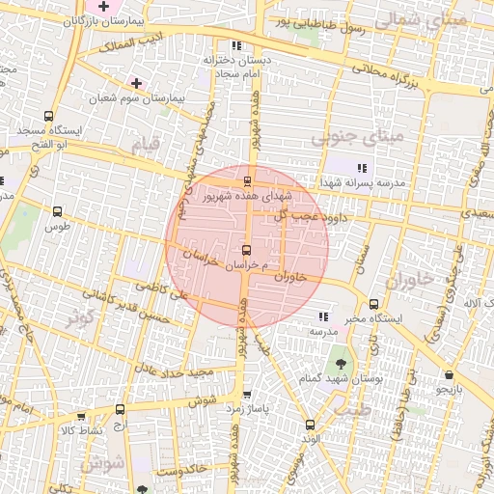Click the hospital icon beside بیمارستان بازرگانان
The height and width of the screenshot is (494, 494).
pyautogui.click(x=103, y=7)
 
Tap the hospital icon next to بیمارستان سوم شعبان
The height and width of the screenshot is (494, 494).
pyautogui.click(x=137, y=83)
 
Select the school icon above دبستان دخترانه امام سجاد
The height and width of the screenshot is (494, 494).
pyautogui.click(x=235, y=45)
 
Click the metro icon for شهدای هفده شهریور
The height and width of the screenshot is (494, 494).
pyautogui.click(x=247, y=179)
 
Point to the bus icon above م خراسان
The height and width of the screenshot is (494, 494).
pyautogui.click(x=246, y=250)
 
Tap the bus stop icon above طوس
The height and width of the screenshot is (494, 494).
pyautogui.click(x=57, y=211)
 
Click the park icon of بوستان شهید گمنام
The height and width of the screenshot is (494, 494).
pyautogui.click(x=340, y=364)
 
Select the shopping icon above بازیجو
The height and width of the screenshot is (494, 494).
pyautogui.click(x=450, y=375)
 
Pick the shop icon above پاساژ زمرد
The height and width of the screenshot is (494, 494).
pyautogui.click(x=247, y=394)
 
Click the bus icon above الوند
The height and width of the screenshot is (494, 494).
pyautogui.click(x=310, y=424)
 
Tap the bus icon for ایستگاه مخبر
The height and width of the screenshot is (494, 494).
pyautogui.click(x=373, y=302)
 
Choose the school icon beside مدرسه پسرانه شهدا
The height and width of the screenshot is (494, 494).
pyautogui.click(x=362, y=168)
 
